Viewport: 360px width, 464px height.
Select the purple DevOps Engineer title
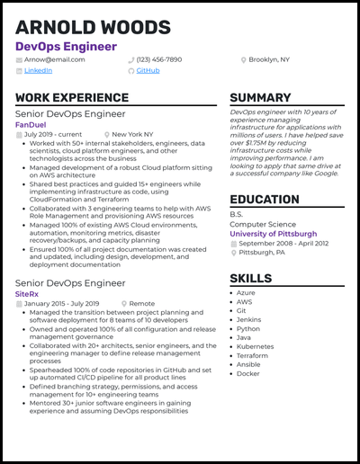click(66, 46)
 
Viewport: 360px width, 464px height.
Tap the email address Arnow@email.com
click(54, 59)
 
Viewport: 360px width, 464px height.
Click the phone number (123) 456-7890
click(158, 59)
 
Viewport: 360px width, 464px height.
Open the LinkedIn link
click(38, 70)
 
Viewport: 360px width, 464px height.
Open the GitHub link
click(148, 70)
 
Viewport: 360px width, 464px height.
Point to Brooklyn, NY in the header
click(268, 59)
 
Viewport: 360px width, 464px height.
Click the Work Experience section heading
click(72, 98)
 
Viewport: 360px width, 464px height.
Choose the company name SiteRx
click(28, 293)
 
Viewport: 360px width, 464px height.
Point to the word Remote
click(141, 303)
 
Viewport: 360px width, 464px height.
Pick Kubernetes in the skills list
click(255, 346)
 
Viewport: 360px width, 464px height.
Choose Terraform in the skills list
click(253, 355)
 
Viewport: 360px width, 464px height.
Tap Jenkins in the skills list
click(248, 319)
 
